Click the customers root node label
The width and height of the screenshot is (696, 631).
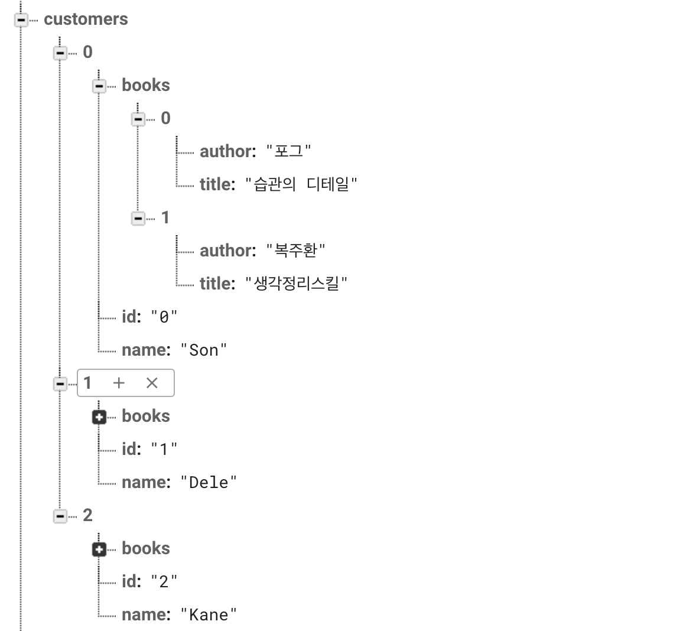(86, 19)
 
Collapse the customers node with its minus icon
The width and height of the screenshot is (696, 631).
(21, 20)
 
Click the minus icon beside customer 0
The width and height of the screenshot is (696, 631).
(60, 53)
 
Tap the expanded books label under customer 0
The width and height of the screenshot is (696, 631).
(145, 85)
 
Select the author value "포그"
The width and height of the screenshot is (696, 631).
(289, 151)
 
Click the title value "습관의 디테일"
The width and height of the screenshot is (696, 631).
(301, 184)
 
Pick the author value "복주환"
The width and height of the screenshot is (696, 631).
(296, 251)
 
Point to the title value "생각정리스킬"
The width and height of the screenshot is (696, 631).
(297, 284)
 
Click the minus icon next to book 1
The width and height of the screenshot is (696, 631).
(138, 219)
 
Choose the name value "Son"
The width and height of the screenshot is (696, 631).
(204, 350)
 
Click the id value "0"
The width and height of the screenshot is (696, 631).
(164, 317)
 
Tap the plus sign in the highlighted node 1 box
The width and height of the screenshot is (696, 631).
(119, 383)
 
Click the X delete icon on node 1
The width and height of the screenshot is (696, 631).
(152, 383)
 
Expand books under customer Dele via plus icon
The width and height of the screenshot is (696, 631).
(99, 417)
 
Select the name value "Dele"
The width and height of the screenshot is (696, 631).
(209, 482)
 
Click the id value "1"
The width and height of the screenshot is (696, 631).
(164, 449)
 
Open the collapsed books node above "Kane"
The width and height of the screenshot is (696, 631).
(99, 549)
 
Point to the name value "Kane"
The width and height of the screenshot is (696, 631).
(209, 614)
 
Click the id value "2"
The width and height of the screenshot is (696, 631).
(164, 581)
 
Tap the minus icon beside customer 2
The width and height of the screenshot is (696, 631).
(60, 516)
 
